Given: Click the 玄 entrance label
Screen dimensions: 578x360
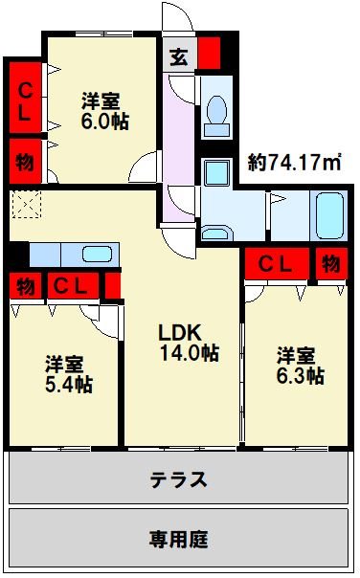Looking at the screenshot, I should [x=179, y=55].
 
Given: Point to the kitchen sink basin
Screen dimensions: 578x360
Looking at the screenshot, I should [x=98, y=255].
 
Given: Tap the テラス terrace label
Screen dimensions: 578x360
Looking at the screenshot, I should [x=178, y=478].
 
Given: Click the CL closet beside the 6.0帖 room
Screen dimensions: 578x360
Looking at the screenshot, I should [x=24, y=100].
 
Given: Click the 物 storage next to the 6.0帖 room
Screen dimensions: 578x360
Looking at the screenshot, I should [x=24, y=161].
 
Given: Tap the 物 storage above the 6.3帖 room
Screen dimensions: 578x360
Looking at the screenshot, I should [x=330, y=263].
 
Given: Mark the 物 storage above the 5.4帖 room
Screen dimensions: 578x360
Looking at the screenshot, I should [x=24, y=285].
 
